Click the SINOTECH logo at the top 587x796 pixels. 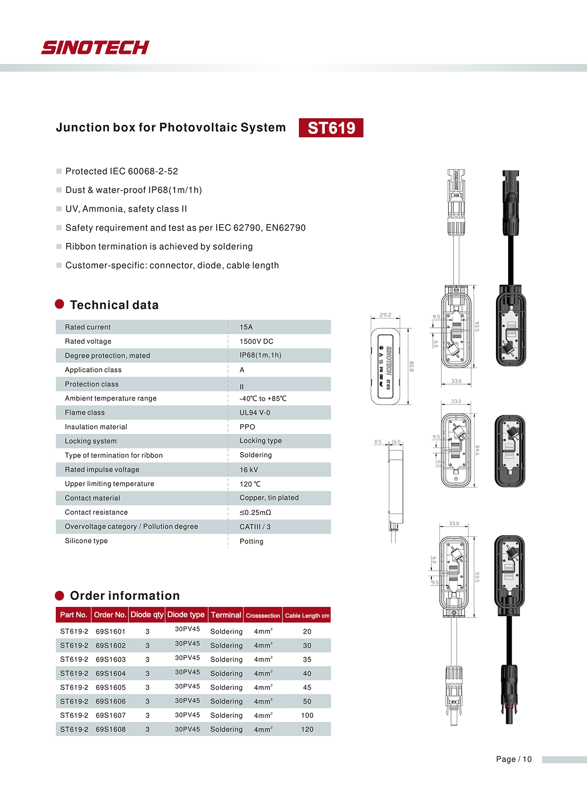click(x=95, y=47)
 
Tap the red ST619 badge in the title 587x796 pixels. click(x=331, y=128)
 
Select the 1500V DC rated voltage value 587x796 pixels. click(x=256, y=341)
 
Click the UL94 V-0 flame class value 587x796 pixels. click(x=255, y=412)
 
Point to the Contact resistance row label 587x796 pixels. click(x=96, y=512)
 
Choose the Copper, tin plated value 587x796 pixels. click(x=269, y=497)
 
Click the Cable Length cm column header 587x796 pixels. click(x=307, y=616)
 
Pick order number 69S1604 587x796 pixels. click(x=111, y=673)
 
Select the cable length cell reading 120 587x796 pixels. click(x=307, y=729)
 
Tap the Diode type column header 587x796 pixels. click(x=186, y=615)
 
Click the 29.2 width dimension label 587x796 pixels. click(x=385, y=315)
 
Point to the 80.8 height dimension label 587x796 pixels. click(x=411, y=366)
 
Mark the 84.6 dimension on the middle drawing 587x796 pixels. click(x=477, y=451)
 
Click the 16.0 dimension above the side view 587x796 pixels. click(x=396, y=442)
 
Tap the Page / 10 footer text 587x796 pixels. click(x=514, y=759)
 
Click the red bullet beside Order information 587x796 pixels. click(x=60, y=595)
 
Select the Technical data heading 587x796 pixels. click(x=114, y=305)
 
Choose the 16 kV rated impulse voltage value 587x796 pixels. click(x=248, y=470)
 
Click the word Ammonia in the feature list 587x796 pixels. click(x=102, y=209)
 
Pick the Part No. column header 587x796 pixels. click(x=73, y=615)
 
